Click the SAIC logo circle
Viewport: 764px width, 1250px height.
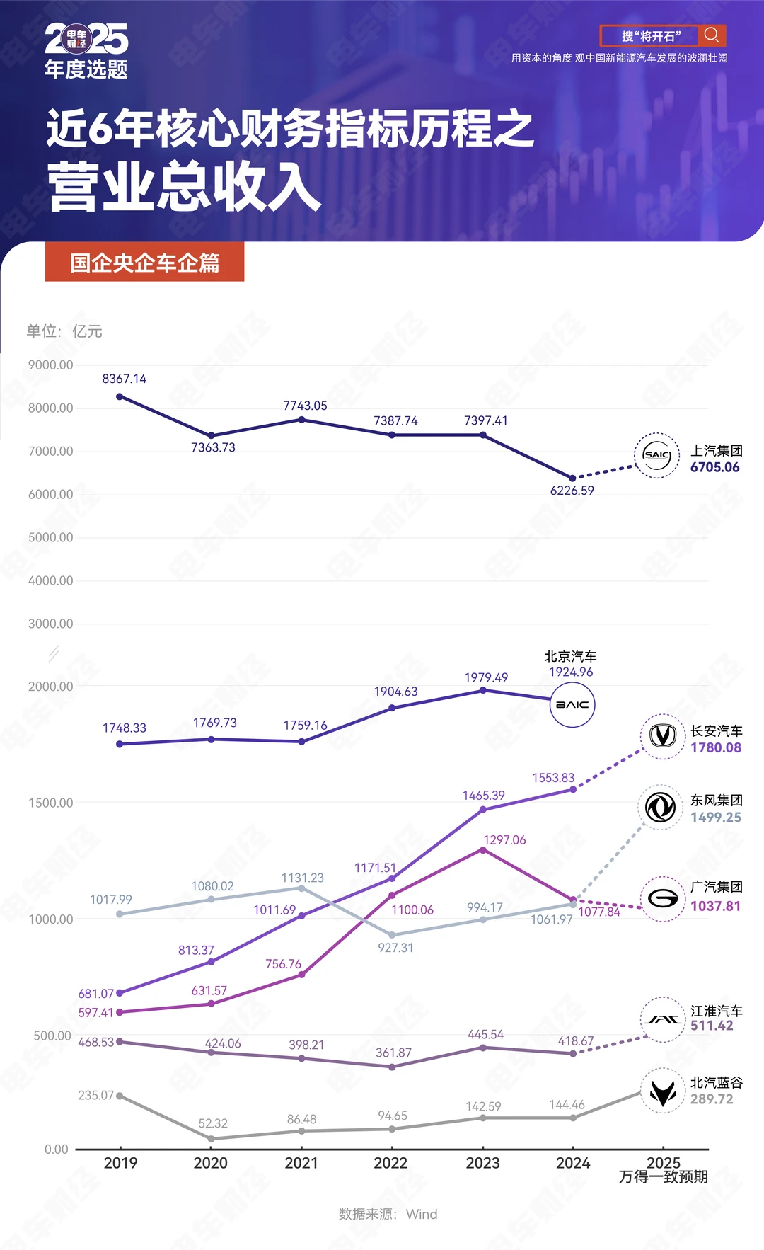656,455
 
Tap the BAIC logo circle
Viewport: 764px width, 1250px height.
572,705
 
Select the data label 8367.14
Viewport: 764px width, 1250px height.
125,379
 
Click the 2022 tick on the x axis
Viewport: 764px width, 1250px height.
391,1163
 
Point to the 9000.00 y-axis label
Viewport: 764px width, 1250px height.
51,365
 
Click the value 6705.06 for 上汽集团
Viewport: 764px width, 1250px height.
715,467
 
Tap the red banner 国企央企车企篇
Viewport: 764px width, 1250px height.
145,263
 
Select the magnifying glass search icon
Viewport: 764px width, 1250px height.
712,35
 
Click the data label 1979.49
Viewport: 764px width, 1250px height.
486,677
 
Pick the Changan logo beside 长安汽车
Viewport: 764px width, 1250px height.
663,737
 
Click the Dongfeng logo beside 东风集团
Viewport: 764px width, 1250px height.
661,807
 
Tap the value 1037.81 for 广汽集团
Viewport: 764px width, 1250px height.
716,906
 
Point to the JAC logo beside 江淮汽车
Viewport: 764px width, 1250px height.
663,1020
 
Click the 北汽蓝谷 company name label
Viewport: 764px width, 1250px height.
717,1082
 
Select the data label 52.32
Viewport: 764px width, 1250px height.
213,1123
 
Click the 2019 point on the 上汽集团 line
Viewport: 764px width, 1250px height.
120,396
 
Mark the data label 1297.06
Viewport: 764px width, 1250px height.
504,839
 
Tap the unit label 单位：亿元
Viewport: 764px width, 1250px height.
64,331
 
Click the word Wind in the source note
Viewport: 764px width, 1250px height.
422,1214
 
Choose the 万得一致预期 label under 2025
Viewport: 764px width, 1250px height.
663,1176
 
